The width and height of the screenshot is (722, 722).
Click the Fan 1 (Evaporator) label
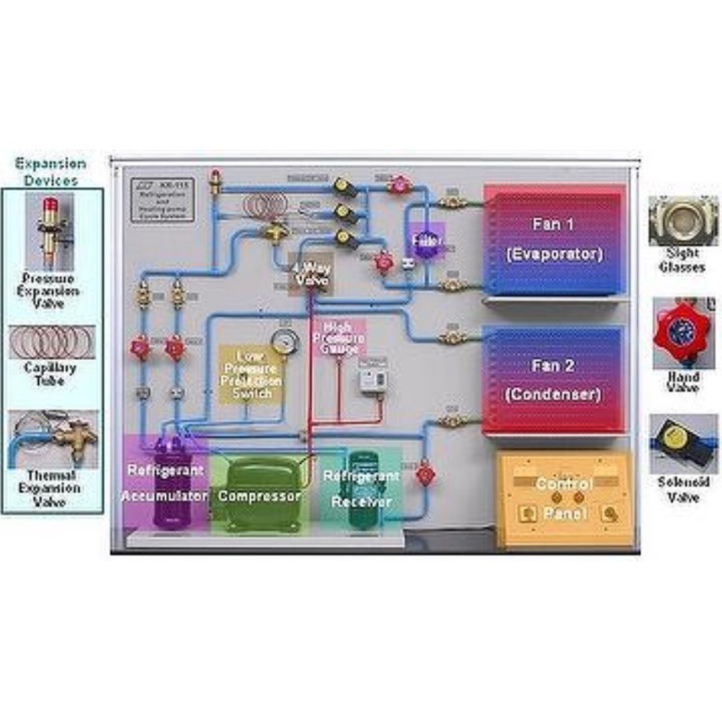pyautogui.click(x=553, y=239)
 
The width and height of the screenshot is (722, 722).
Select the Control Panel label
pyautogui.click(x=564, y=498)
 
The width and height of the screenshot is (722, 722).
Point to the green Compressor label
pyautogui.click(x=259, y=496)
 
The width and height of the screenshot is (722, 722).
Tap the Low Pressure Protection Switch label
pyautogui.click(x=252, y=374)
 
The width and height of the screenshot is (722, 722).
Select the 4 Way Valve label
pyautogui.click(x=310, y=273)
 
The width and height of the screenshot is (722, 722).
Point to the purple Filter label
pyautogui.click(x=424, y=242)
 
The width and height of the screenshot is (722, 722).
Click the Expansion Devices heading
pyautogui.click(x=51, y=171)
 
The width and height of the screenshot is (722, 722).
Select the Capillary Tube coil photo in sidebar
pyautogui.click(x=51, y=342)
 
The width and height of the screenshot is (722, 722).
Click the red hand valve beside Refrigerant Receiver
pyautogui.click(x=425, y=472)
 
